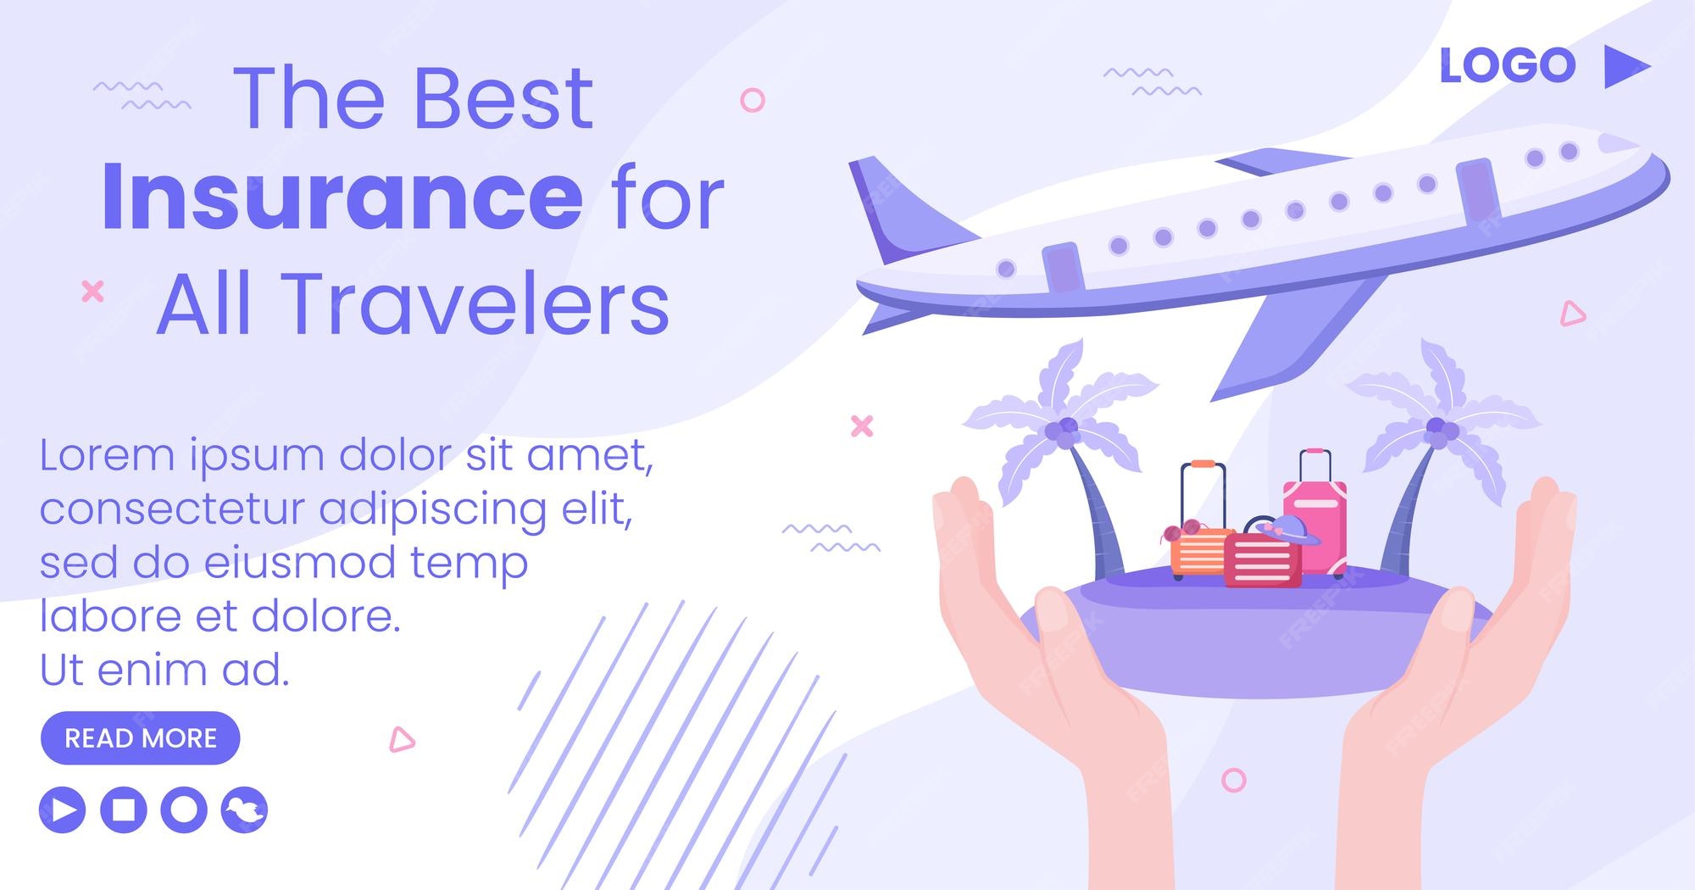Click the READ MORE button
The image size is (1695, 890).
pos(141,737)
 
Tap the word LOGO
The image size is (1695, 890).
pos(1508,66)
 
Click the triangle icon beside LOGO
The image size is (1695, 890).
pos(1626,66)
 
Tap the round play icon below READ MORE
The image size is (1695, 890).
pos(63,809)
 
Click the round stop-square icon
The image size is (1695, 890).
pos(124,809)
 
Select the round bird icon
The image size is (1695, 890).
pos(245,809)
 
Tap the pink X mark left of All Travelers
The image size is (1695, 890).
pos(92,292)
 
